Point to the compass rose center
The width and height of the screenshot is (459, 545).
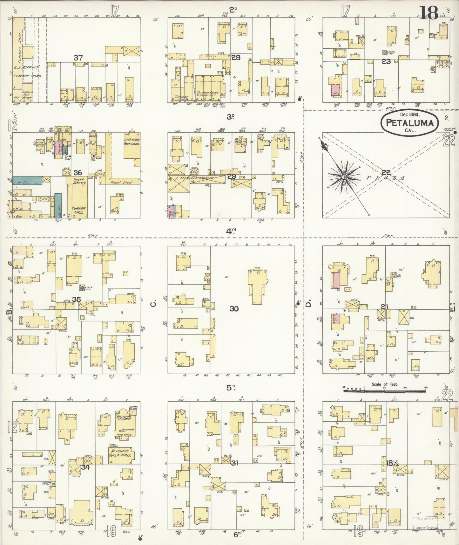tap(344, 177)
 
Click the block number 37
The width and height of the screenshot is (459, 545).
tap(78, 58)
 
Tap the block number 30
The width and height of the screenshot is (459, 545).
tap(234, 308)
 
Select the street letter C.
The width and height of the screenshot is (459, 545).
tap(153, 304)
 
